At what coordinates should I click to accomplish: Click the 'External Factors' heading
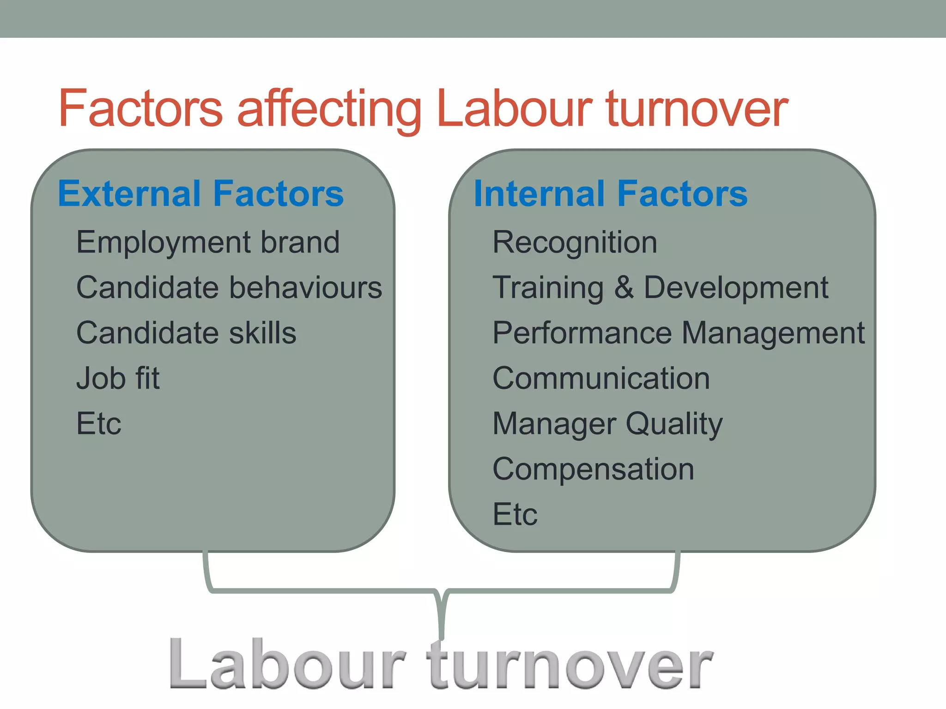[x=201, y=194]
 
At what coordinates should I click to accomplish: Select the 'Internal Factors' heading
[x=611, y=194]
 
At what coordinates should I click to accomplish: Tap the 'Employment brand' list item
[x=208, y=243]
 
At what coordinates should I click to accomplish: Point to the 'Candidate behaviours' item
[x=229, y=288]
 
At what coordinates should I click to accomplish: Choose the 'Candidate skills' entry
[x=186, y=333]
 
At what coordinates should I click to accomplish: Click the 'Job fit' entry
[x=118, y=379]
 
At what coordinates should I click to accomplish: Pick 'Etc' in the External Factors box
[x=99, y=424]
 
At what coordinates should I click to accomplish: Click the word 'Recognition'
[x=575, y=243]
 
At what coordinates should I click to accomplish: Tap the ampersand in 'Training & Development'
[x=624, y=288]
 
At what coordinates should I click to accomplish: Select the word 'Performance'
[x=582, y=333]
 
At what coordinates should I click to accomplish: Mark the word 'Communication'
[x=601, y=379]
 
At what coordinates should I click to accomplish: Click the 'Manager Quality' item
[x=607, y=424]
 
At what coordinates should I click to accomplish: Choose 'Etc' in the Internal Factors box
[x=515, y=514]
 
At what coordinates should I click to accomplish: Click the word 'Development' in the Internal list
[x=736, y=288]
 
